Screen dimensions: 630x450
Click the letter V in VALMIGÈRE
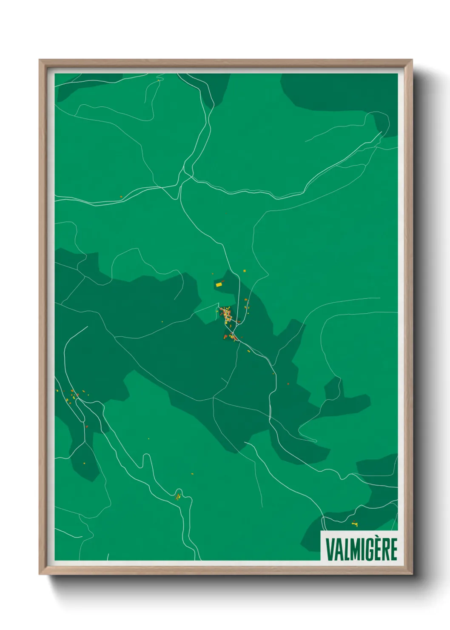tap(330, 550)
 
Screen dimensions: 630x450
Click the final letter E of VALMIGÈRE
tap(393, 550)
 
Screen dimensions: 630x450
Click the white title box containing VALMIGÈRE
tap(359, 546)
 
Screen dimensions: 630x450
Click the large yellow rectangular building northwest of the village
tap(219, 284)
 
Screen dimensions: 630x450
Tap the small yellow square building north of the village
tap(245, 270)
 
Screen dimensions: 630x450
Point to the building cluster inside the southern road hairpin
tap(179, 496)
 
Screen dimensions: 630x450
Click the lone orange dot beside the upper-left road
tap(121, 197)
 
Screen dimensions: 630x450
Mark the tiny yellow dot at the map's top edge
tap(158, 80)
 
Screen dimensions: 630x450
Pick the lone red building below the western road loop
tap(86, 426)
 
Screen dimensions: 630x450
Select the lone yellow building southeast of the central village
tap(249, 351)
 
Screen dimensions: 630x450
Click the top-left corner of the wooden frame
tap(40, 61)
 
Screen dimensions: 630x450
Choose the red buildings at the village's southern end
tap(226, 337)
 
